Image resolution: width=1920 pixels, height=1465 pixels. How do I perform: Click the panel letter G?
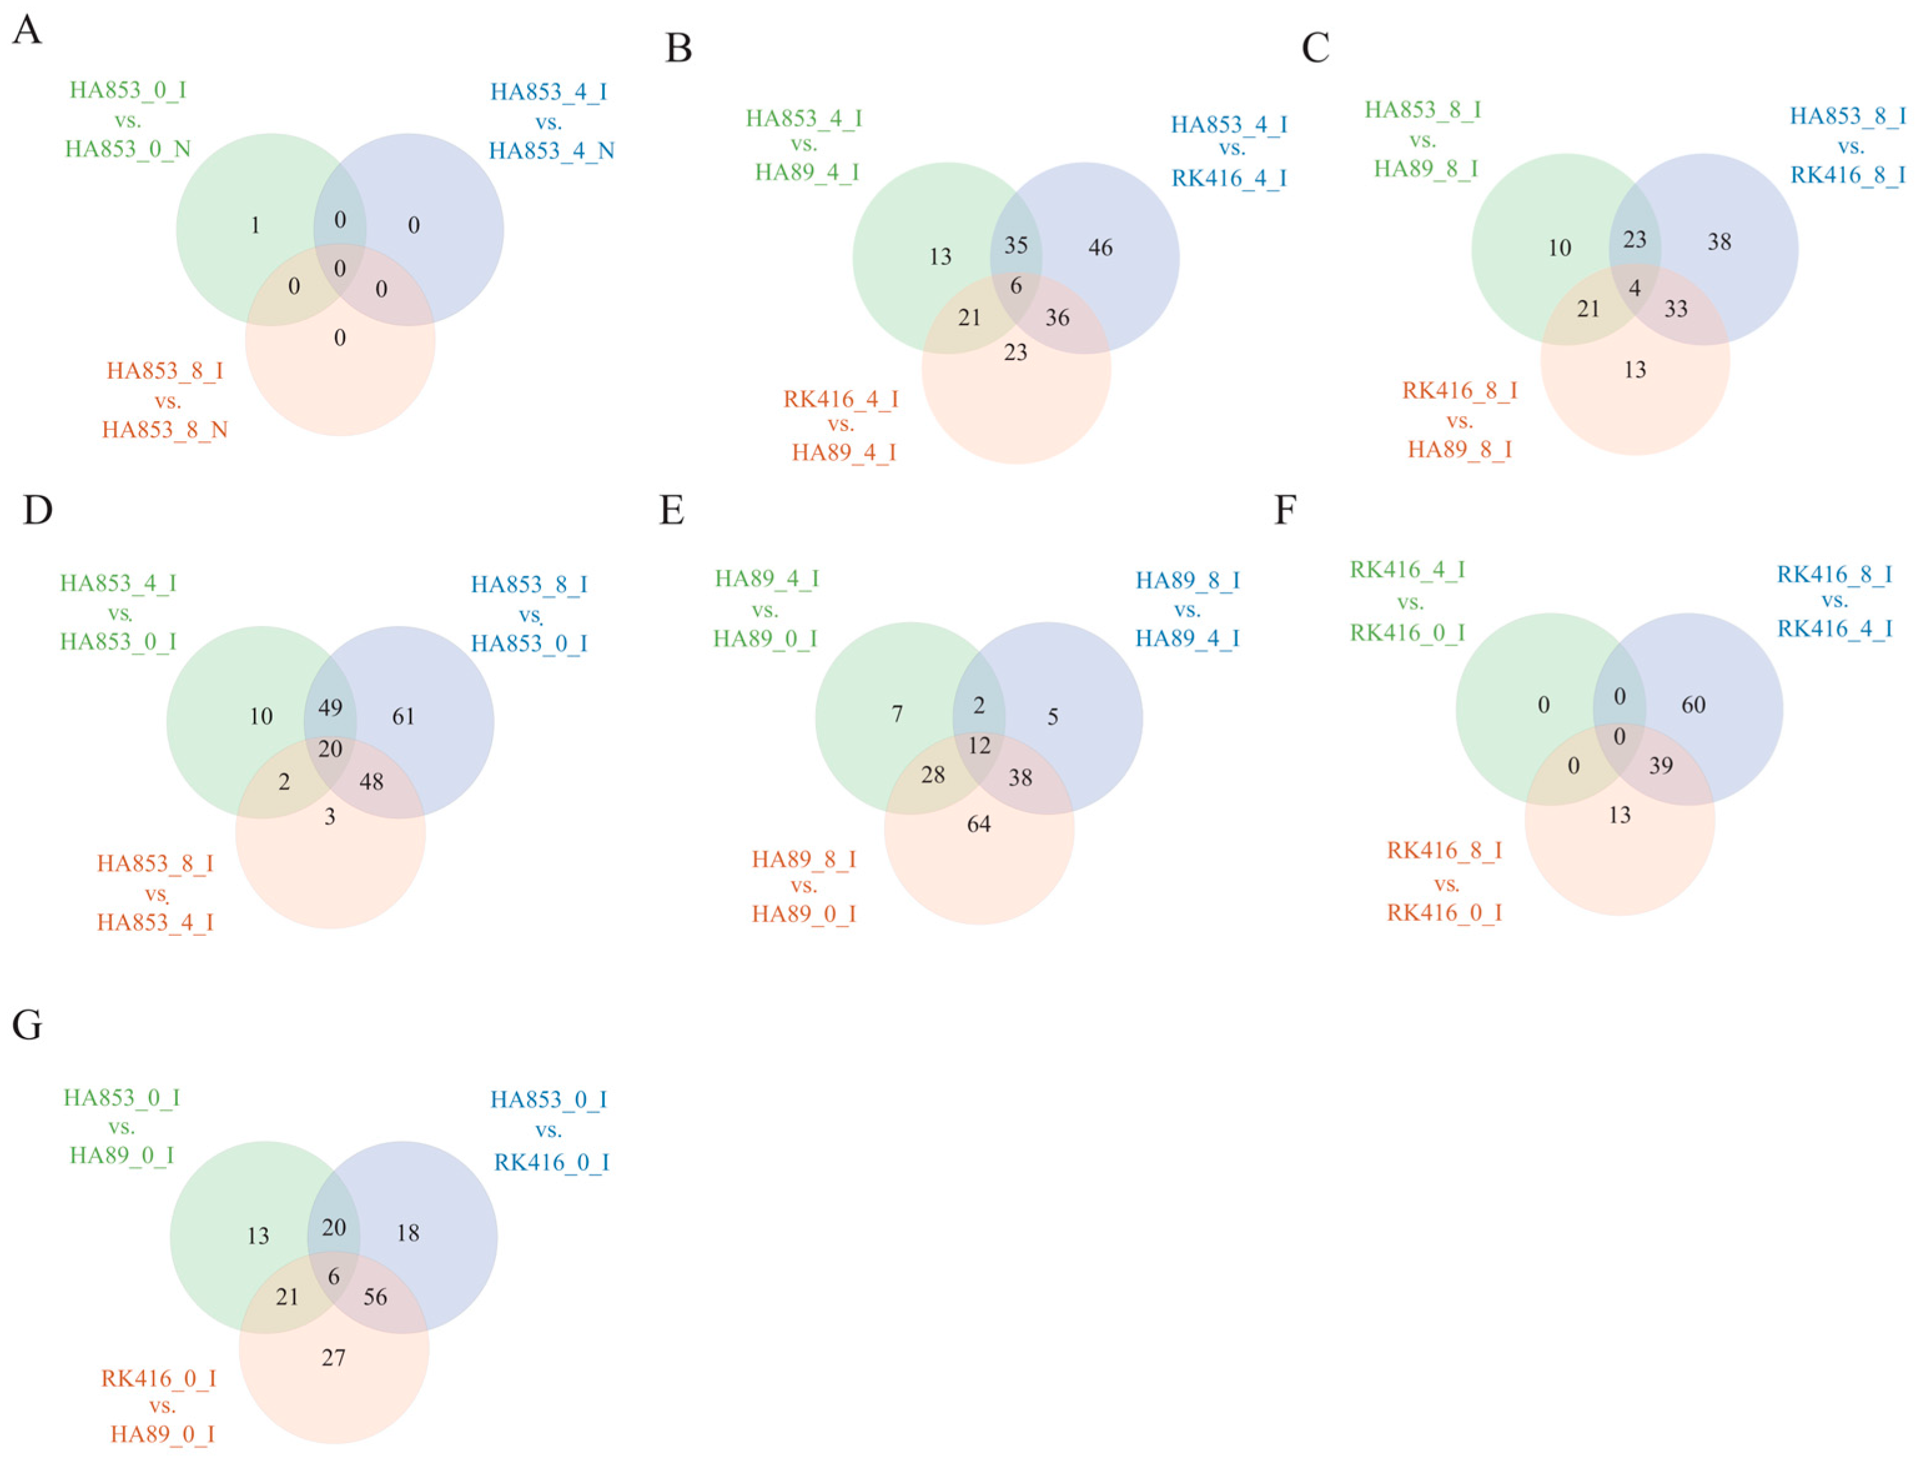pos(27,1026)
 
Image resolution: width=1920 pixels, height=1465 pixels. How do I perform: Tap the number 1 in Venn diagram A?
pos(255,226)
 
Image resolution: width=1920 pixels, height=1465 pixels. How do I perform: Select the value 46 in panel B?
pos(1100,248)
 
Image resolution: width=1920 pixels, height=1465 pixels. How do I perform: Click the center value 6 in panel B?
pos(1016,286)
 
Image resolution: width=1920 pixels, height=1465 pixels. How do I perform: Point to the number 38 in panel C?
pos(1720,241)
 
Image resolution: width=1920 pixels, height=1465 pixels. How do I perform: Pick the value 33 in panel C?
pos(1676,309)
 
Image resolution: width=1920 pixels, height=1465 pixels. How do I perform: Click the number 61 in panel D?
pos(403,717)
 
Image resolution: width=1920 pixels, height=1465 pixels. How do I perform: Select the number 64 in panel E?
pos(979,824)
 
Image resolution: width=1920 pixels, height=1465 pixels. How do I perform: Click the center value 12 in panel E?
pos(979,746)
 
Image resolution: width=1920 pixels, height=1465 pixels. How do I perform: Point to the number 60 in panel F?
pos(1693,704)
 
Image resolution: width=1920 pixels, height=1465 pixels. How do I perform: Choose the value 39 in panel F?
pos(1661,766)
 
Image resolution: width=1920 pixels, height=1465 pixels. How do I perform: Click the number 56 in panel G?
pos(375,1297)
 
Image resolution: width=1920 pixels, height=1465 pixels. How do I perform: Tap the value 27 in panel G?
pos(333,1358)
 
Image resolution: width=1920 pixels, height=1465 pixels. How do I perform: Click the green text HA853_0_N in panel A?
pos(128,149)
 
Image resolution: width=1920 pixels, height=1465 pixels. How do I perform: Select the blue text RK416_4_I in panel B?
pos(1229,179)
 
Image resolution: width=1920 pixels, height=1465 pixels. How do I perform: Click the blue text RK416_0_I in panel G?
pos(551,1162)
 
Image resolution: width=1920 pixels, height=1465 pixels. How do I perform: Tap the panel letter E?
pos(671,510)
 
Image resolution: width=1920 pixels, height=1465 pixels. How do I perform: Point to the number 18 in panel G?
pos(408,1233)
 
